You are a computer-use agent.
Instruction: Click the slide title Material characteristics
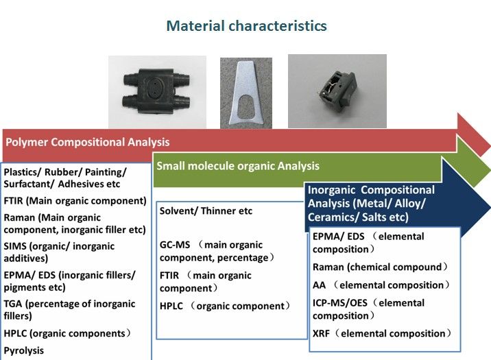pos(246,25)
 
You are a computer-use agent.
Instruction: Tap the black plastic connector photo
pos(157,92)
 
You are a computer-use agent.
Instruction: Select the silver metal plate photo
pos(246,93)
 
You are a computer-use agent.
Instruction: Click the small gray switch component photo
pos(337,91)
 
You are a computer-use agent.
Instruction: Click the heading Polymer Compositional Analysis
pos(88,142)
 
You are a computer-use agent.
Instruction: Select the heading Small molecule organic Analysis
pos(238,166)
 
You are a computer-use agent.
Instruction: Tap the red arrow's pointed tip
pos(490,146)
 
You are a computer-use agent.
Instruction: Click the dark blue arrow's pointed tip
pos(490,207)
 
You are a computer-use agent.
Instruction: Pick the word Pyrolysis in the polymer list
pos(24,350)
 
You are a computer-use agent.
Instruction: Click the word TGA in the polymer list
pos(13,304)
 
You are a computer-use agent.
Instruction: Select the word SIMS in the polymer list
pos(15,246)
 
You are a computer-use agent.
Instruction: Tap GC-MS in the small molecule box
pos(175,245)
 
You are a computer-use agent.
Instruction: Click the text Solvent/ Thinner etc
pos(206,211)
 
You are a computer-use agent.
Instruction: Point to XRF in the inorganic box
pos(321,334)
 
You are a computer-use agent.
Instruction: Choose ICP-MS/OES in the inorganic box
pos(339,303)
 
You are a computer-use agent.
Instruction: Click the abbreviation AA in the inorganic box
pos(319,285)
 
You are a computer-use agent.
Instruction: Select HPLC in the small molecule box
pos(171,306)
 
